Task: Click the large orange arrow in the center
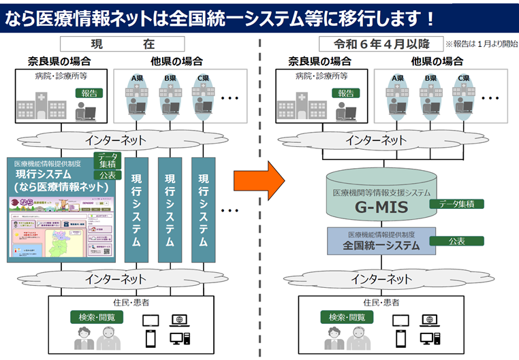tap(257, 180)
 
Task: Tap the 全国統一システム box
tap(381, 241)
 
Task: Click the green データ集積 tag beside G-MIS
tap(456, 203)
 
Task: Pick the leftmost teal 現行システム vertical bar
tap(136, 208)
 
